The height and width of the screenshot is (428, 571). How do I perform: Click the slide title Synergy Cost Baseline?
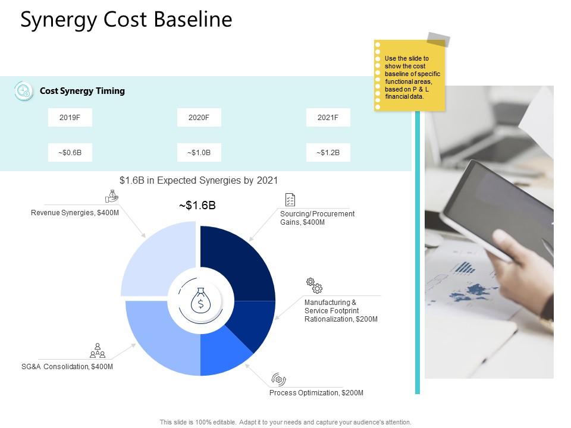click(x=126, y=20)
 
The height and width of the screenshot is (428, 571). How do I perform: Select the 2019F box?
click(x=70, y=118)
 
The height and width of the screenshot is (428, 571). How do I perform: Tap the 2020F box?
click(x=199, y=118)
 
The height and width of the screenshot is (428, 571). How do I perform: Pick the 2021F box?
click(x=328, y=118)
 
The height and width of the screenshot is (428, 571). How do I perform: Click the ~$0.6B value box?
click(x=70, y=153)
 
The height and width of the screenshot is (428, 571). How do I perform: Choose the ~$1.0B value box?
click(x=199, y=153)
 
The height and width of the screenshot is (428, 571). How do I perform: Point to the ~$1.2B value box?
click(x=328, y=153)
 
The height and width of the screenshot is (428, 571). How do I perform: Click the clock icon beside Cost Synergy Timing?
click(x=24, y=91)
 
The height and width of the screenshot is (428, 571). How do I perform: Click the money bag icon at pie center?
click(x=200, y=303)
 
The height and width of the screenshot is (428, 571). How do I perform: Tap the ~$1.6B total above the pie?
click(x=197, y=206)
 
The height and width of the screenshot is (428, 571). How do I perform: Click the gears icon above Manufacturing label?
click(x=314, y=285)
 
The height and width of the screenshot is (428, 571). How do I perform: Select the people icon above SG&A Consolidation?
click(x=98, y=350)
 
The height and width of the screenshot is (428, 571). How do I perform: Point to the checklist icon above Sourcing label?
click(x=290, y=200)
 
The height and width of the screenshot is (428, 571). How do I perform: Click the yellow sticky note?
click(x=409, y=75)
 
